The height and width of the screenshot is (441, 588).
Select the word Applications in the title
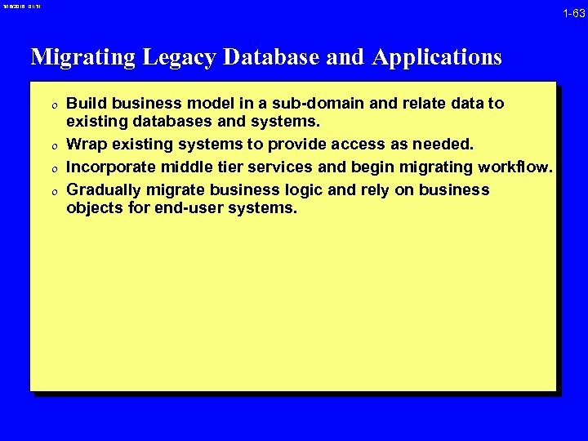click(437, 57)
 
